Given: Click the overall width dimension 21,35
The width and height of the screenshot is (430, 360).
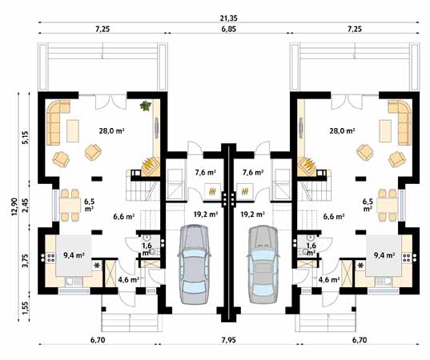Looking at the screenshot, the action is point(228,18).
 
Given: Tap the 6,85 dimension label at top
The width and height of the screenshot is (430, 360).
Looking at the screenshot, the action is point(229,29).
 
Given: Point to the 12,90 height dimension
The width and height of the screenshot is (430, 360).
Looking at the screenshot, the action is point(14,206).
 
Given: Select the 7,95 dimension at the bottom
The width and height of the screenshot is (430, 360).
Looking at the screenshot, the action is point(229,340).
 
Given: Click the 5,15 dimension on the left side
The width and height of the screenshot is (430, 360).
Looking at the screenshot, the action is point(25,137).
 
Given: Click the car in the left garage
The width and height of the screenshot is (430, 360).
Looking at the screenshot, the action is point(194,264).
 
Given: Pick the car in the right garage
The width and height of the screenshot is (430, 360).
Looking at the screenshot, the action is point(263,264).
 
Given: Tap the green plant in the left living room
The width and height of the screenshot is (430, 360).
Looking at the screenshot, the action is point(145,106).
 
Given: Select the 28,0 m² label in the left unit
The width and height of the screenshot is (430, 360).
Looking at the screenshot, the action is point(112,131).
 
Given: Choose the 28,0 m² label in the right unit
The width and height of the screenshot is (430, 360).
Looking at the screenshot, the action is point(342,131).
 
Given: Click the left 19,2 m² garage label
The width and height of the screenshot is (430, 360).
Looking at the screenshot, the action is point(206,214).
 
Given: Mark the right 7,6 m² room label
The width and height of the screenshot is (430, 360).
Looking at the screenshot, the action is point(253,172).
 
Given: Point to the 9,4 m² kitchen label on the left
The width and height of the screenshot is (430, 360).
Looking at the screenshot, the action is point(74,255).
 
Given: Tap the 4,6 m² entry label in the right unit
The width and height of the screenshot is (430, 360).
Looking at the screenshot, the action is point(329,280).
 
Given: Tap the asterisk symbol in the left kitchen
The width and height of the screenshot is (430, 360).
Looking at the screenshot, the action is point(96,266).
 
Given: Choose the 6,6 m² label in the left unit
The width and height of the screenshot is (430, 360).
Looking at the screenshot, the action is point(123,217).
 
